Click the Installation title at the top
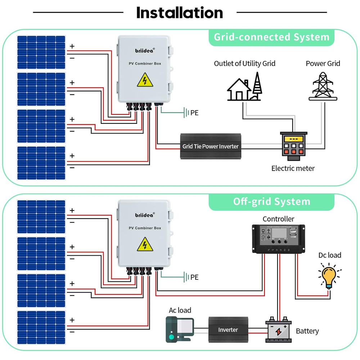180,13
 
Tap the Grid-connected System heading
271,37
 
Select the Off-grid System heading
271,201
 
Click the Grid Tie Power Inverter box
211,146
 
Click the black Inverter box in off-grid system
228,329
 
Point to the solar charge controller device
278,239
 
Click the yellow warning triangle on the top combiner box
145,80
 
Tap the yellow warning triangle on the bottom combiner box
145,244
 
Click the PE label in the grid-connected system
194,113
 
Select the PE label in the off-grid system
194,278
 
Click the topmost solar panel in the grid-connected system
41,52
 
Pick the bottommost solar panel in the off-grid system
41,328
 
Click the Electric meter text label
293,168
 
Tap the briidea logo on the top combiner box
145,50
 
